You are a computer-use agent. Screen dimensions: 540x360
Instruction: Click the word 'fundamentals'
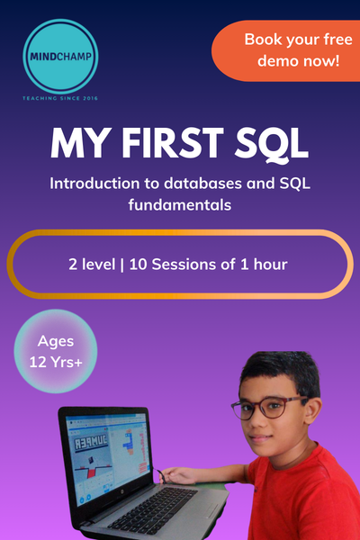click(x=180, y=205)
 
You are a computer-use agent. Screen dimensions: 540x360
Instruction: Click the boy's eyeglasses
click(x=261, y=408)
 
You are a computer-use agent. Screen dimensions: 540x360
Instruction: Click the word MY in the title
click(x=77, y=143)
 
